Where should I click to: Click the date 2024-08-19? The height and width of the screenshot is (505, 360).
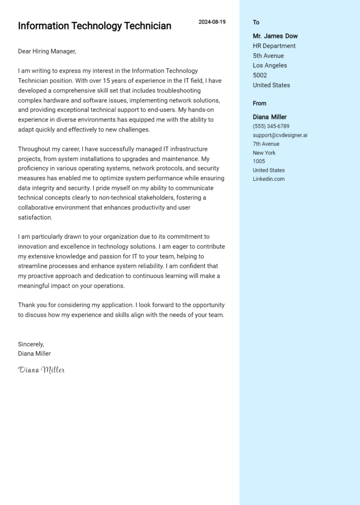point(212,22)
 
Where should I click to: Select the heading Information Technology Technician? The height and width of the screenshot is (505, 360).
point(95,26)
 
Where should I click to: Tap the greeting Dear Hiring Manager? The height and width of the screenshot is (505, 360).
point(47,51)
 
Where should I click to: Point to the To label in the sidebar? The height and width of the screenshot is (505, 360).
point(256,22)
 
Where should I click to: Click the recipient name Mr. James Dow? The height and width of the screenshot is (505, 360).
point(275,36)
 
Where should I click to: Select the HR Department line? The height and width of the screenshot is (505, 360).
point(274,46)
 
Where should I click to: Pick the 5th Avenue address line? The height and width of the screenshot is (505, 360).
point(268,56)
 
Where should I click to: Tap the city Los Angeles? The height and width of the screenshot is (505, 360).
point(270,66)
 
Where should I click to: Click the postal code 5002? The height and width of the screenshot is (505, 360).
point(260,75)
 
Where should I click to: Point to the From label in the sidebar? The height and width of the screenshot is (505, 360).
point(259,104)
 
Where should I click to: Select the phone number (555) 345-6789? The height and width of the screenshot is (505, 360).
point(271,126)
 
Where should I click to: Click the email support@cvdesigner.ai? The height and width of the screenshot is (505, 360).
point(280,135)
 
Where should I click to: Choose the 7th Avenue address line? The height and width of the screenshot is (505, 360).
point(266,144)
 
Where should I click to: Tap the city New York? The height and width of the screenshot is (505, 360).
point(264,153)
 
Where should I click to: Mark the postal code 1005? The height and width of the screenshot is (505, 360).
point(259,162)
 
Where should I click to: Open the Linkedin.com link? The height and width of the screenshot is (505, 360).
point(269,179)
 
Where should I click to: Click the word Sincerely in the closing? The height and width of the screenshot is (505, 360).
point(31,344)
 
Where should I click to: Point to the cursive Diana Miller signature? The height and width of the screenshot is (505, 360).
point(41,370)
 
